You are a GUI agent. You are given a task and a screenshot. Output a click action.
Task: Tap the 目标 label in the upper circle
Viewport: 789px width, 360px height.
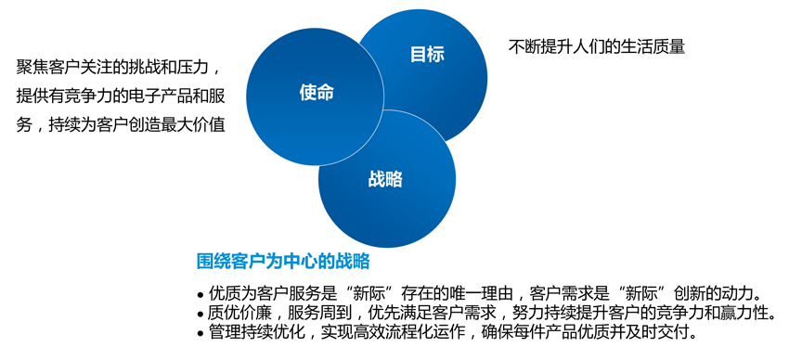pos(427,54)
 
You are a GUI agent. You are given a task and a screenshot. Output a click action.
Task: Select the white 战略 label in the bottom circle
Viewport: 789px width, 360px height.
pos(385,179)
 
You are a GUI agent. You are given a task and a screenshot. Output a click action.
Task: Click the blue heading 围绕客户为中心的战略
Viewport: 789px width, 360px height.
pos(284,260)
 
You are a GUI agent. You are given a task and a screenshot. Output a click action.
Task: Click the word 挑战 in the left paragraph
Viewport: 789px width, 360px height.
pos(139,68)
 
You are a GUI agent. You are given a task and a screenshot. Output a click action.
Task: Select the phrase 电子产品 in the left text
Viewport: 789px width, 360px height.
pos(156,96)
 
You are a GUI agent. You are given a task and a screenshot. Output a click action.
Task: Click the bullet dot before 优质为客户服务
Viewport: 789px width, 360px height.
pos(200,293)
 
